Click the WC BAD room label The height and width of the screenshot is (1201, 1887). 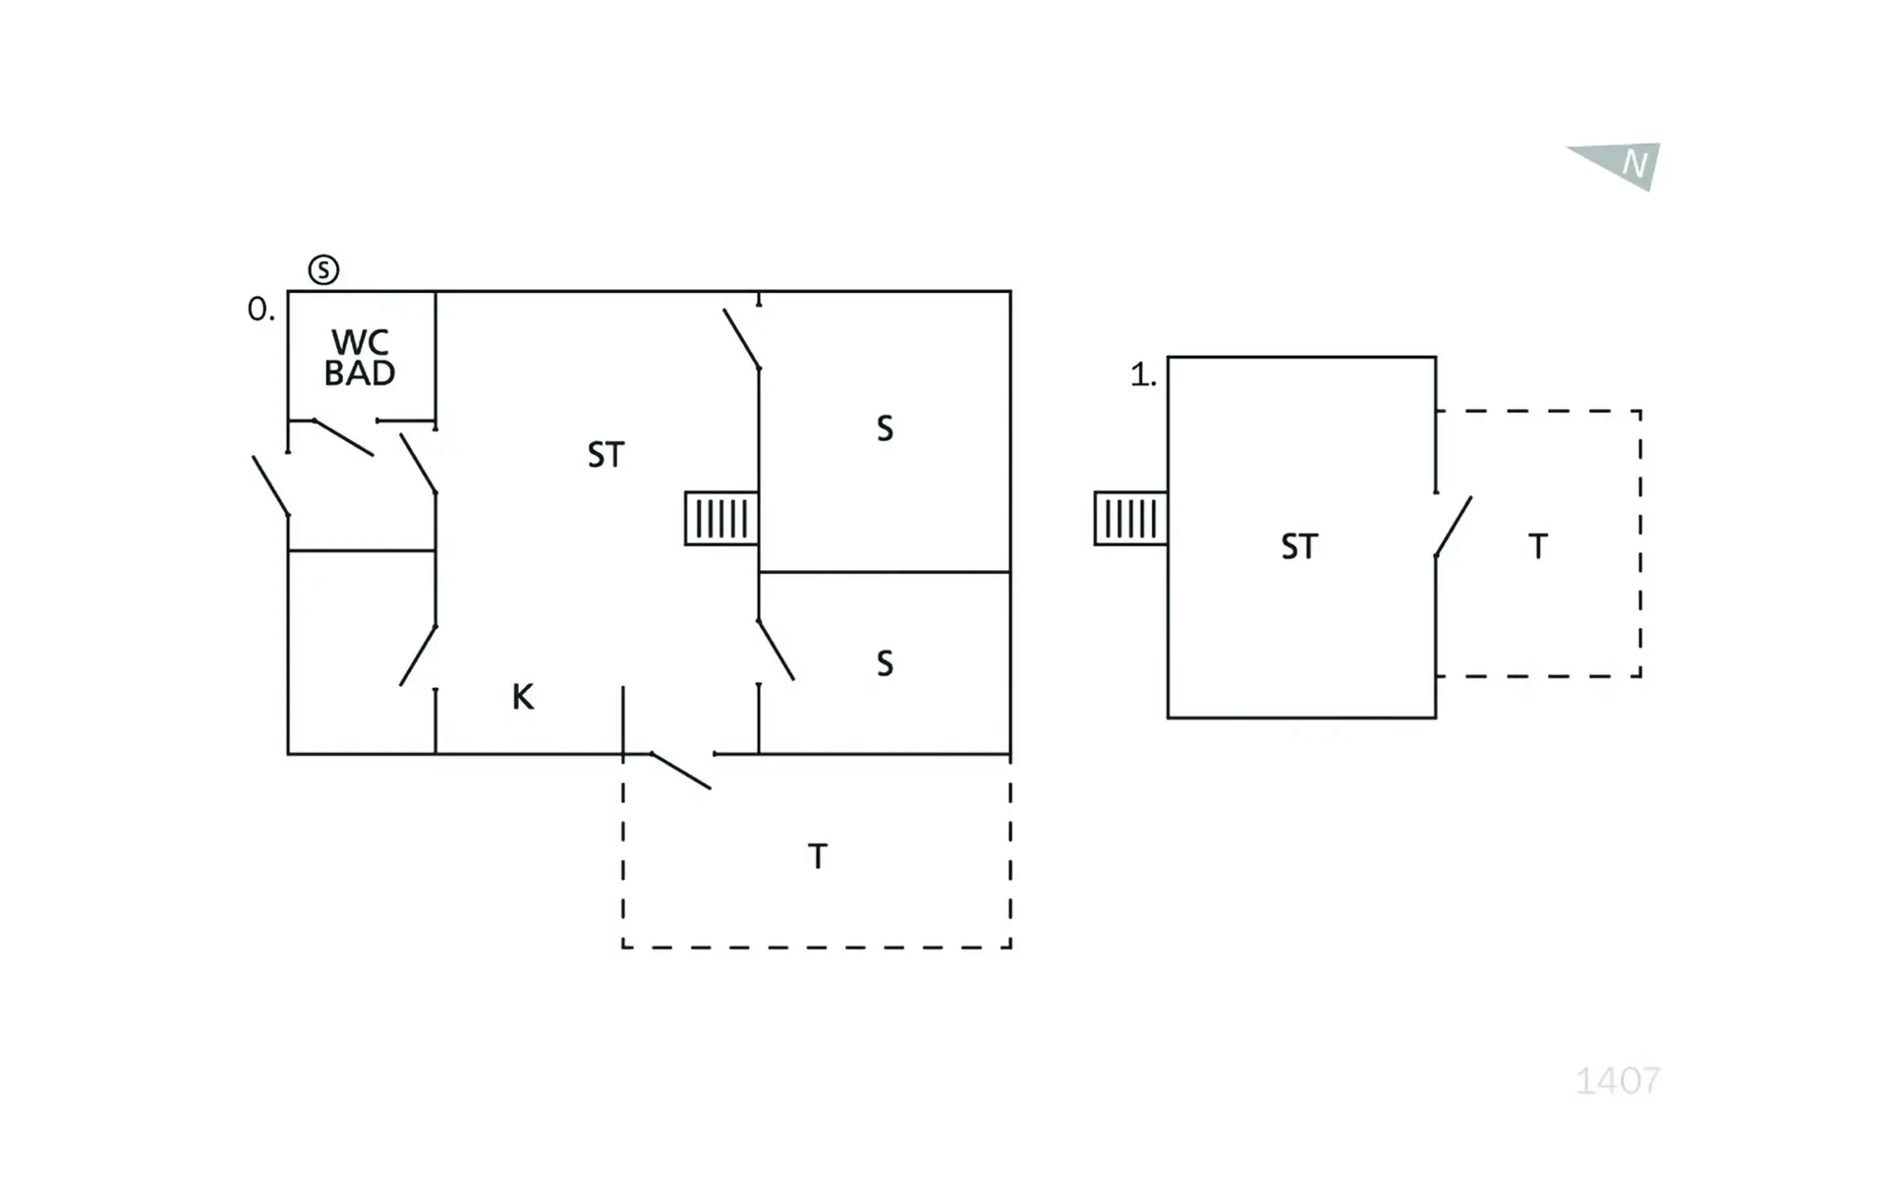[x=360, y=358]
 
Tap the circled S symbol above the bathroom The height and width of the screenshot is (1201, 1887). [x=323, y=269]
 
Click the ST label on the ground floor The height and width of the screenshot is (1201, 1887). [x=605, y=455]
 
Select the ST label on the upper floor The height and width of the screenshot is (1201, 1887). [x=1299, y=546]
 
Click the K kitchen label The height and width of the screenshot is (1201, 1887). [x=523, y=697]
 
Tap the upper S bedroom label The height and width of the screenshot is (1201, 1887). [x=885, y=429]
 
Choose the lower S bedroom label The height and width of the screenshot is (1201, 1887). [x=885, y=663]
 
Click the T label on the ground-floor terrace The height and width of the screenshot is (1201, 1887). [x=818, y=856]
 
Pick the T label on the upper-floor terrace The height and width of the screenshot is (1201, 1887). [x=1538, y=545]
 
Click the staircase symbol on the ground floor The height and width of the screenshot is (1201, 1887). [x=721, y=518]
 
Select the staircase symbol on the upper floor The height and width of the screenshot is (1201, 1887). [x=1131, y=518]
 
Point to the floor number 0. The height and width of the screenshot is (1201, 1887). [x=260, y=310]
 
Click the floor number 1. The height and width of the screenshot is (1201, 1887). [x=1143, y=374]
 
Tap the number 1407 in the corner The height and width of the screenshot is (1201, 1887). [x=1618, y=1081]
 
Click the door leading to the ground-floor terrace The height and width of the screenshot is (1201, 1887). [x=681, y=771]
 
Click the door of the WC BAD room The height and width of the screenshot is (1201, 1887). [x=343, y=437]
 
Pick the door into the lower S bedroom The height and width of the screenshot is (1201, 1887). [x=775, y=650]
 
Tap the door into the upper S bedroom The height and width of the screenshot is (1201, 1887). [x=742, y=339]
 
